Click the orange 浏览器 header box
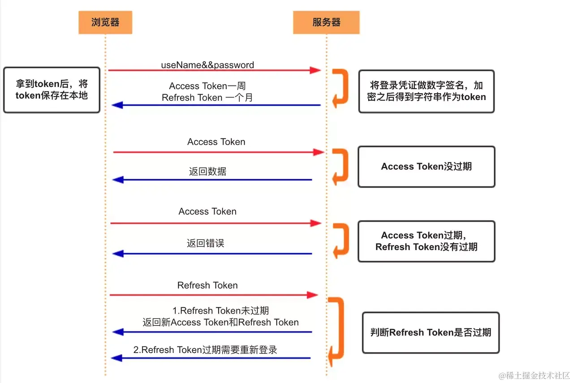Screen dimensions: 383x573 click(105, 22)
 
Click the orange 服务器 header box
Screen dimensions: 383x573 click(326, 22)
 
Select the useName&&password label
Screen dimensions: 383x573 click(207, 65)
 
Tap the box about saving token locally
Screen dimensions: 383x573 click(52, 90)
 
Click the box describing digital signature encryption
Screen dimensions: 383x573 click(426, 91)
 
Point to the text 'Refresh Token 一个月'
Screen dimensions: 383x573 click(207, 97)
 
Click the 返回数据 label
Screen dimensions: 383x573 click(207, 171)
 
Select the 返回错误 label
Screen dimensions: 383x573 click(205, 244)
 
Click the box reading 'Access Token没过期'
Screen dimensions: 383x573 click(426, 166)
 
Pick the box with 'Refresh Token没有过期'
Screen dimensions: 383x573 click(426, 241)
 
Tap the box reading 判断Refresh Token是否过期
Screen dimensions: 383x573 click(431, 332)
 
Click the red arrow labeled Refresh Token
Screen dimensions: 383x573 click(214, 295)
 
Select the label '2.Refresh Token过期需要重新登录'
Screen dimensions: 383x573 click(205, 350)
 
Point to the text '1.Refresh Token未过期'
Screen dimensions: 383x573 click(220, 311)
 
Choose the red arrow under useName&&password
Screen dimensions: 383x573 click(214, 70)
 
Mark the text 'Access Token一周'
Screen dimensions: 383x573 click(207, 86)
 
